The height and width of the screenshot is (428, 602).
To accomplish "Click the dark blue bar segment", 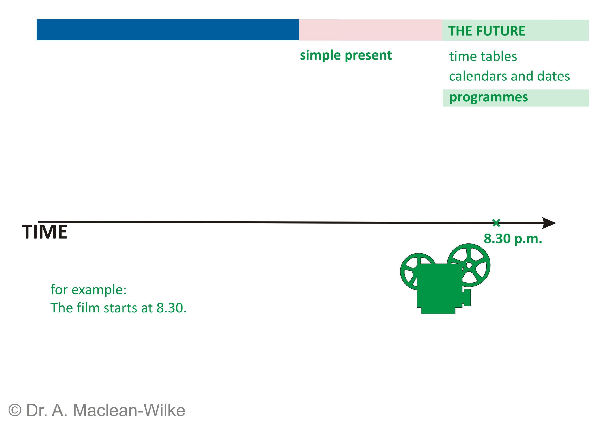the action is (x=168, y=30).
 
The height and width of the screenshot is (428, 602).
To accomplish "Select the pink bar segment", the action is (x=370, y=30).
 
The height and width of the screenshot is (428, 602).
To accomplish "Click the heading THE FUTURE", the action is (x=486, y=31).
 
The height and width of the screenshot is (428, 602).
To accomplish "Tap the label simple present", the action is (x=346, y=55).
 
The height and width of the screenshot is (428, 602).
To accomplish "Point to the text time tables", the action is (x=483, y=56).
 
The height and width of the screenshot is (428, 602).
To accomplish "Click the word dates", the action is (x=553, y=76).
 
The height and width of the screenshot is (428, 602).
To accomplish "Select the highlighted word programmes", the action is (x=488, y=97).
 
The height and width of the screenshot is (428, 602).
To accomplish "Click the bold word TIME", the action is (x=44, y=232).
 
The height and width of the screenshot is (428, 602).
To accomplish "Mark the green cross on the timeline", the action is (x=496, y=223).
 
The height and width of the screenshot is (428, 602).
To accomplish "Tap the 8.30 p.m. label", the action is (x=513, y=239).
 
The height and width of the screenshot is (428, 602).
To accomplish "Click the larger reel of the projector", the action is (x=469, y=265).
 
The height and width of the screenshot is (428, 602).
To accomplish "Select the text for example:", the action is (x=89, y=290).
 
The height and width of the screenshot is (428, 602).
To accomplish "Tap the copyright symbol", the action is (x=15, y=410).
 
